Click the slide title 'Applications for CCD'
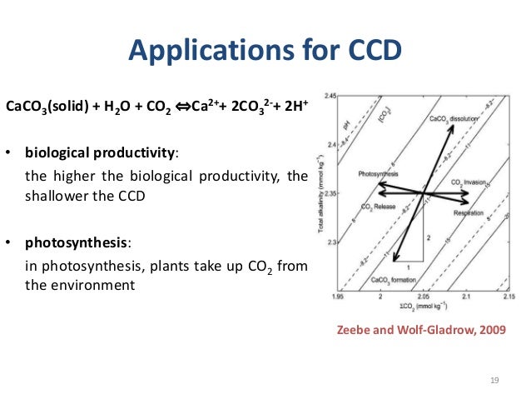pyautogui.click(x=265, y=52)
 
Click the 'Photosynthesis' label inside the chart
pyautogui.click(x=379, y=174)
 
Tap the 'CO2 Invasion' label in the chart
pyautogui.click(x=469, y=182)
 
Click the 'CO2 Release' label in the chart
pyautogui.click(x=379, y=206)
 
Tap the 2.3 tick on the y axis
pyautogui.click(x=331, y=242)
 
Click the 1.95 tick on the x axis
pyautogui.click(x=337, y=296)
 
